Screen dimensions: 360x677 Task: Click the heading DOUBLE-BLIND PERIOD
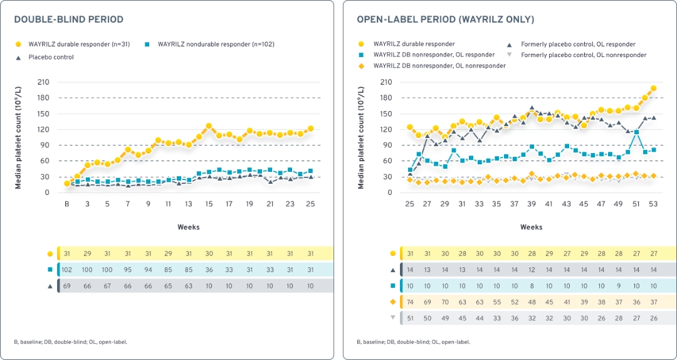click(x=69, y=20)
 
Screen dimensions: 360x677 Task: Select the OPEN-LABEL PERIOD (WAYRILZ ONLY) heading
click(x=445, y=20)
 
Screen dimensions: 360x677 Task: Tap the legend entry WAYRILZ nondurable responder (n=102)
click(x=216, y=45)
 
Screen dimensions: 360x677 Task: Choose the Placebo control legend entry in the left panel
click(x=50, y=57)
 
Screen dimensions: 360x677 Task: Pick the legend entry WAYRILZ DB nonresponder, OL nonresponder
click(x=439, y=65)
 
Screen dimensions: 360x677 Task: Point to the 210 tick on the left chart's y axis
click(x=44, y=82)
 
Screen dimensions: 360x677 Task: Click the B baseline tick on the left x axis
click(x=67, y=204)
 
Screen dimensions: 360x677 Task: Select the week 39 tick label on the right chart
click(x=532, y=204)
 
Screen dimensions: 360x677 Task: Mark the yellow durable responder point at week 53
click(x=653, y=89)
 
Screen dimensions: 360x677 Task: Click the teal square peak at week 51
click(x=636, y=132)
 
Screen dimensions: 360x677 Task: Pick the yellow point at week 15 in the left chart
click(x=209, y=126)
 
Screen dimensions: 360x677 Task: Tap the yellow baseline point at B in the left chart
click(x=67, y=184)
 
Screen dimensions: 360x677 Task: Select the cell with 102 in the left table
click(x=67, y=270)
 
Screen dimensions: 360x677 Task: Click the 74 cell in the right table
click(x=410, y=302)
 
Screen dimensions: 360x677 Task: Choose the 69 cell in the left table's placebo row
click(x=67, y=286)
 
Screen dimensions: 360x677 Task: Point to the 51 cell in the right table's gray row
click(x=410, y=319)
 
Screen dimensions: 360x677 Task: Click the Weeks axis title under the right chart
click(x=532, y=227)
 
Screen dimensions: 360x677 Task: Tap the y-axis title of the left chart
click(x=19, y=137)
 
